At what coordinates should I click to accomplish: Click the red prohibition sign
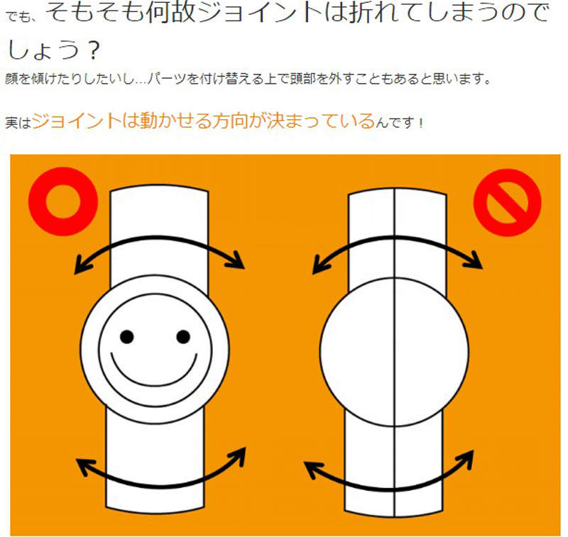(507, 203)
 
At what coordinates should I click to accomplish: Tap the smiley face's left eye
(127, 337)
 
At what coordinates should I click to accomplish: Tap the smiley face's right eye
(183, 337)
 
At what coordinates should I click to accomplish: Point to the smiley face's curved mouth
(154, 384)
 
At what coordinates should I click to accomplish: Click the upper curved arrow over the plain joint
(397, 238)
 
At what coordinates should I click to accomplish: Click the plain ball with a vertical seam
(395, 351)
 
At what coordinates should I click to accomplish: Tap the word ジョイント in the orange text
(76, 121)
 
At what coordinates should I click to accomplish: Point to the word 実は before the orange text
(18, 123)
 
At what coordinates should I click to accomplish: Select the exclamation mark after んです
(420, 123)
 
